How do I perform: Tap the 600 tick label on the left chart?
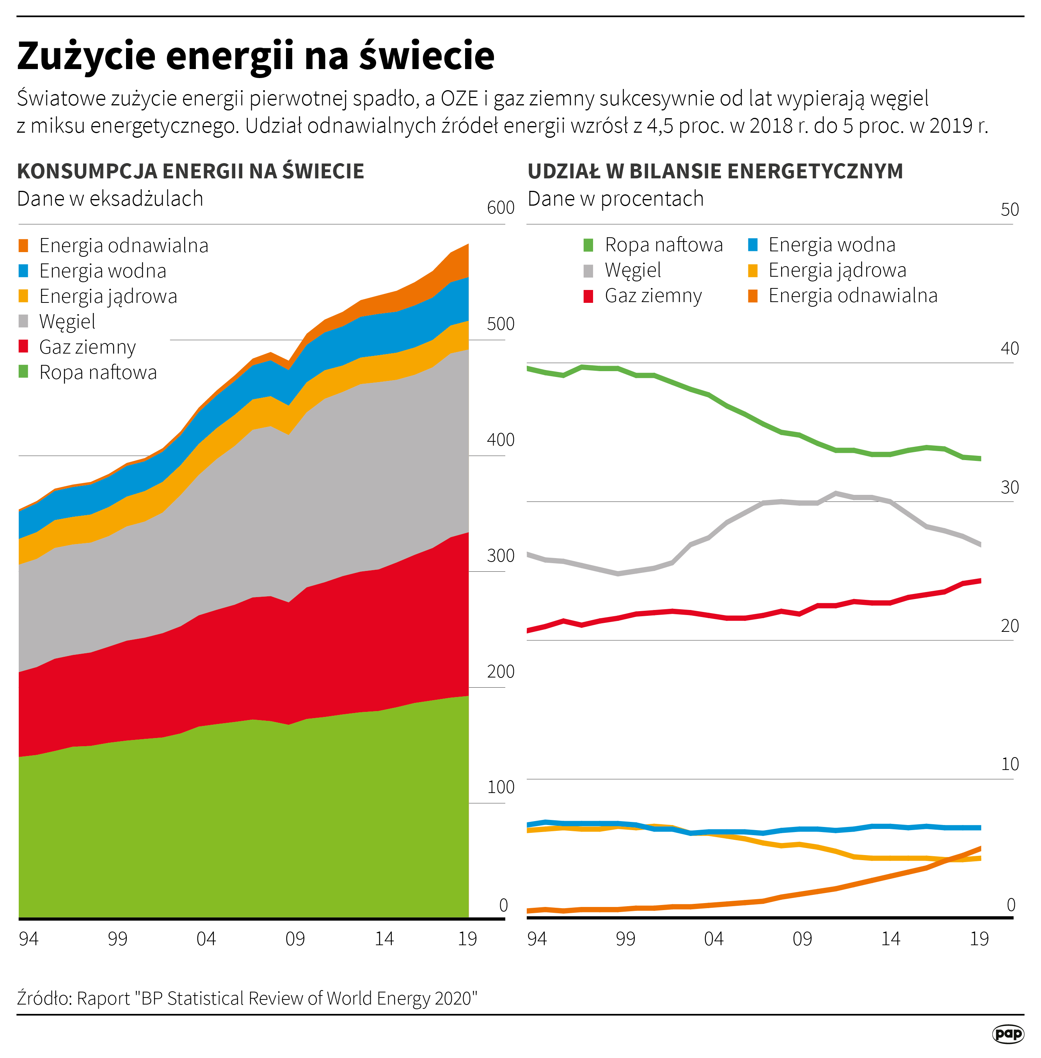500,208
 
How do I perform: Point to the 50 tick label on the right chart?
1009,210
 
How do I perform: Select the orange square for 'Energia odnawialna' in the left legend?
23,245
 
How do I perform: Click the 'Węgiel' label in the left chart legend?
67,322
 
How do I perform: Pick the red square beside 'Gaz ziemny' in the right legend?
588,296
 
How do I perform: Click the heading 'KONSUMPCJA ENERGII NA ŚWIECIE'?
190,171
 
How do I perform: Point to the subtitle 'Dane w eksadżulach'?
110,199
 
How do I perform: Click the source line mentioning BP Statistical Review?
247,998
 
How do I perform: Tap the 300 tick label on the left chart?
500,555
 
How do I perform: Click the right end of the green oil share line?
979,459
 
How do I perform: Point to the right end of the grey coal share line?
979,544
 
